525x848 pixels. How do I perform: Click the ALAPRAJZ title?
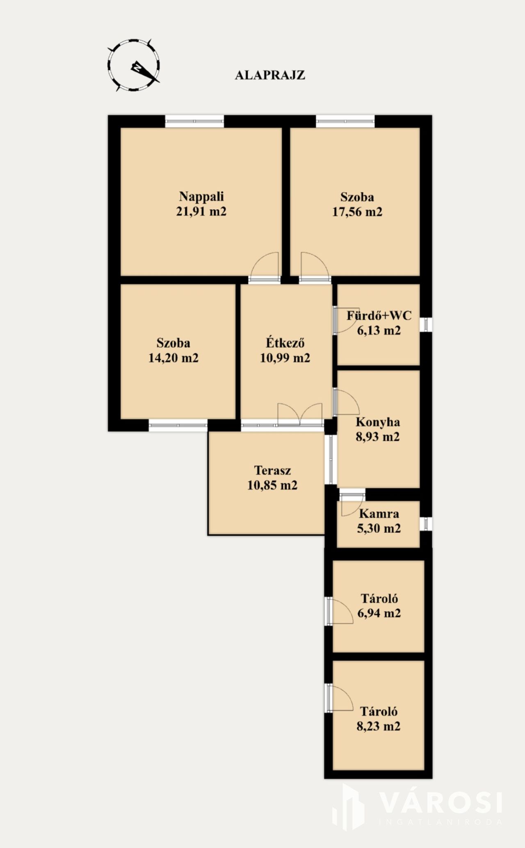[x=270, y=75]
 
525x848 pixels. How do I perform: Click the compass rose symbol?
[x=134, y=65]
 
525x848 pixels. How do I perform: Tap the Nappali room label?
[x=201, y=196]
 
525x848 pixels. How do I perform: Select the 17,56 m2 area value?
[x=357, y=212]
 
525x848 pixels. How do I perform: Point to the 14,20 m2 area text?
[x=173, y=358]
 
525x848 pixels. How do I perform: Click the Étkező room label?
[x=285, y=342]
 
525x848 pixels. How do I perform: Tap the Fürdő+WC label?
[x=379, y=316]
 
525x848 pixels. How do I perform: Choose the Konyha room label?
[x=378, y=422]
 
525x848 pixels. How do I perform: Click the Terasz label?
[x=272, y=470]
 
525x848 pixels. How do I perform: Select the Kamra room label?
[x=379, y=513]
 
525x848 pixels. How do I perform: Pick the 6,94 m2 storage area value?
[x=379, y=613]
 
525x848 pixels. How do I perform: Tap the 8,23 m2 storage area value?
[x=379, y=726]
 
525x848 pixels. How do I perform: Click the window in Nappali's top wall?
[x=194, y=121]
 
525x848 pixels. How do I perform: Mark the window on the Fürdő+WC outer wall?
[x=426, y=325]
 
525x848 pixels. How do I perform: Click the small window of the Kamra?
[x=426, y=524]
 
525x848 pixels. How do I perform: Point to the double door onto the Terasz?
[x=300, y=414]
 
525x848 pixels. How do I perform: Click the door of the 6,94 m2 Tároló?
[x=340, y=611]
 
